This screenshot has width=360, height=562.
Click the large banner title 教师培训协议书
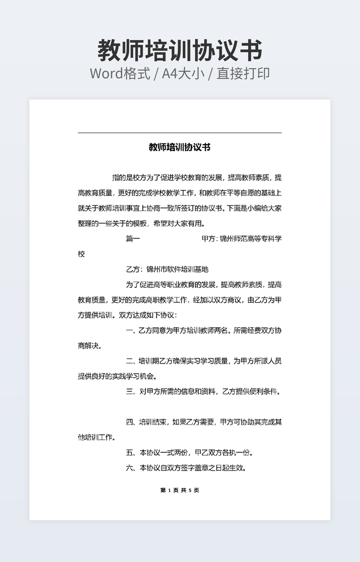click(x=180, y=51)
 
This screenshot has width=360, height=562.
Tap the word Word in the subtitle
click(x=107, y=73)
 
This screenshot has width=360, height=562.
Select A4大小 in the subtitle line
click(x=184, y=73)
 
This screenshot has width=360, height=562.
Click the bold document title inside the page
click(x=179, y=147)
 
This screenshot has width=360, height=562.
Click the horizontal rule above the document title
click(x=179, y=133)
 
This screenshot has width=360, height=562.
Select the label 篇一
click(x=133, y=239)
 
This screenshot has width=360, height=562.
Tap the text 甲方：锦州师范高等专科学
click(x=241, y=239)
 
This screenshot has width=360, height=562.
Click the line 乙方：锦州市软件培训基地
click(x=167, y=269)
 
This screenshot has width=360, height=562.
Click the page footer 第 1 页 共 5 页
click(x=179, y=490)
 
